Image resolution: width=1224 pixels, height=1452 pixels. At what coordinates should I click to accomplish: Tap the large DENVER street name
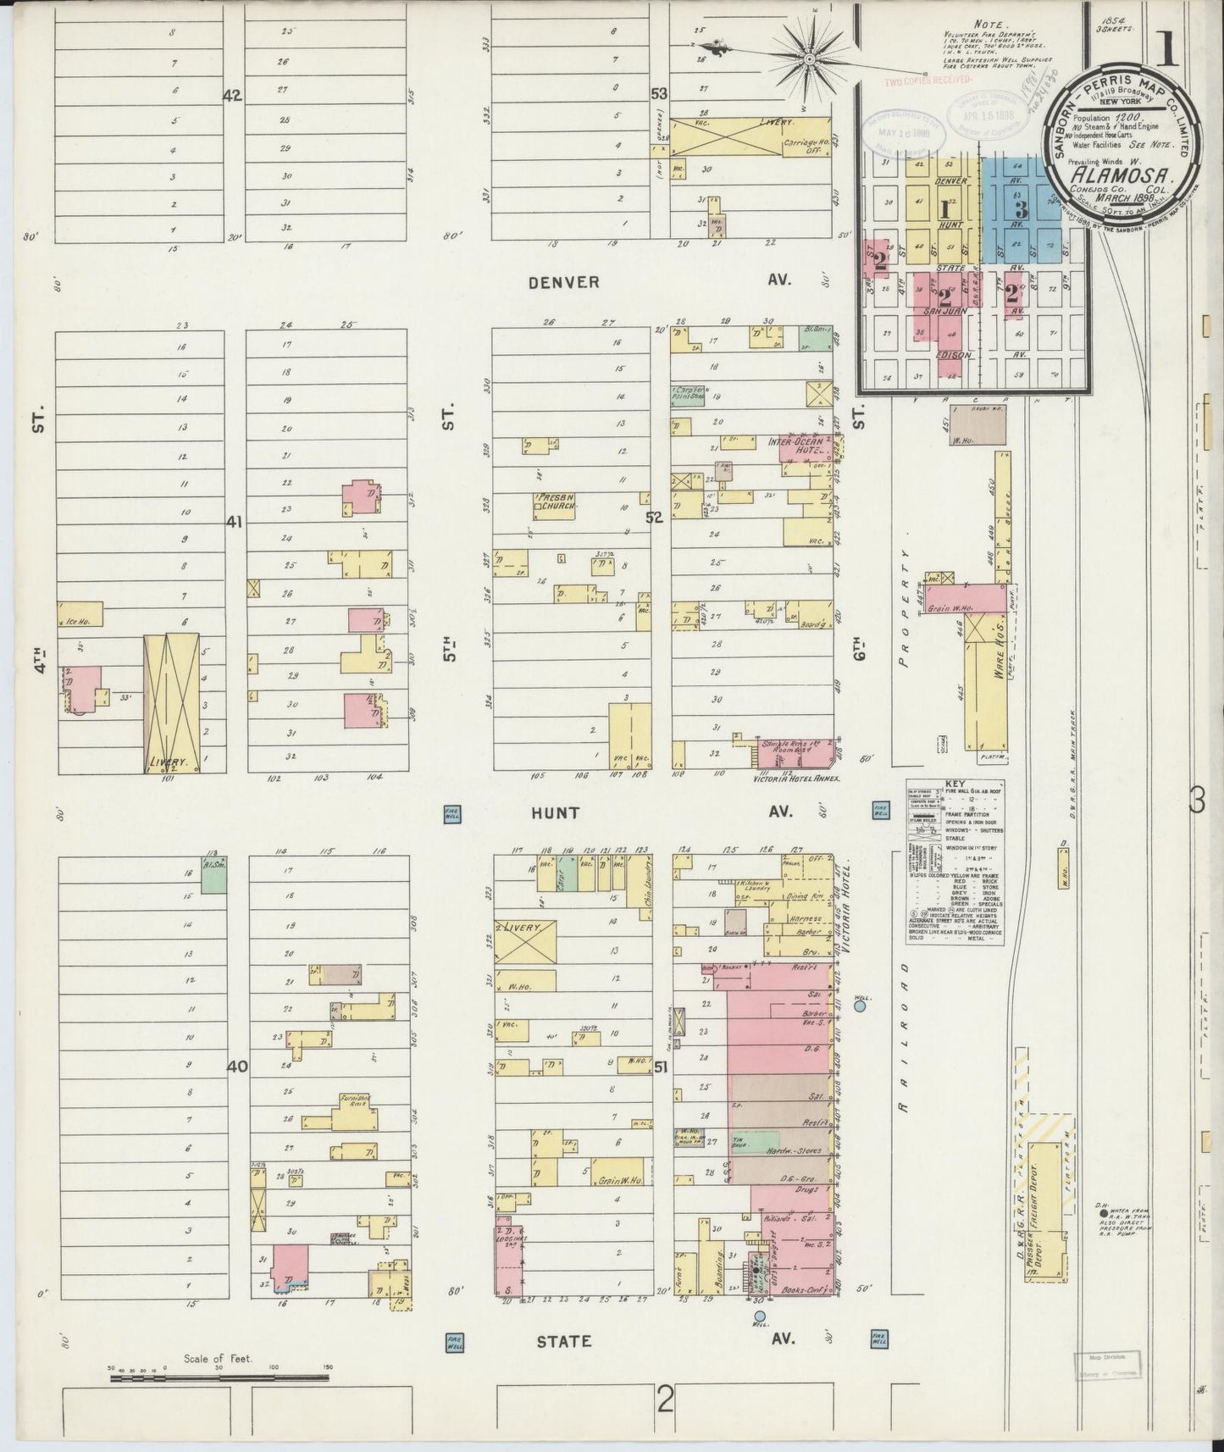tap(563, 282)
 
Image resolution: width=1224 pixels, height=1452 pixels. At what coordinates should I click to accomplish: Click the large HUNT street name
tap(556, 813)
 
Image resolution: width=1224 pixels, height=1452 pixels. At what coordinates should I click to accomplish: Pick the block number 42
tap(232, 96)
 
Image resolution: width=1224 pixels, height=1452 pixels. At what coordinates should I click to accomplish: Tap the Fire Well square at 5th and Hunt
tap(451, 813)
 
